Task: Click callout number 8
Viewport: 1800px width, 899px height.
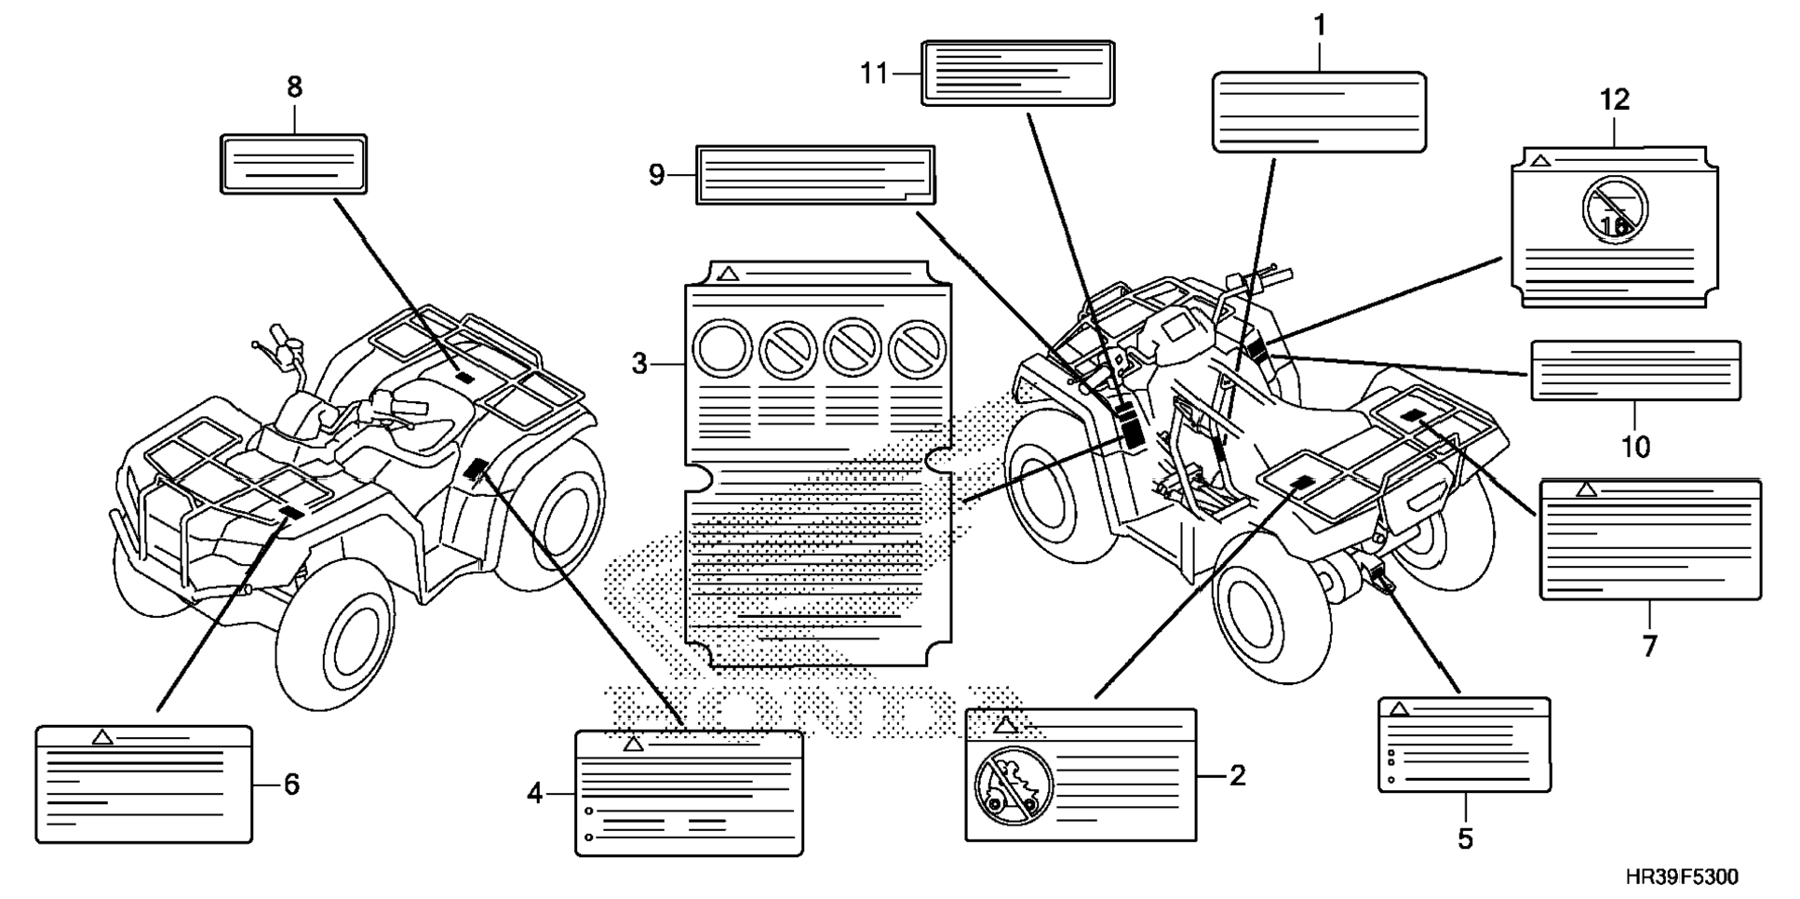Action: [x=294, y=87]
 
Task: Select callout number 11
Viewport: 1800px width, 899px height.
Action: [x=874, y=73]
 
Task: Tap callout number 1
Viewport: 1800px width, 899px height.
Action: [x=1319, y=26]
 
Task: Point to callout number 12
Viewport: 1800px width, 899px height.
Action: [x=1615, y=100]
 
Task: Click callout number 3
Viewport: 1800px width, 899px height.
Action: [x=639, y=364]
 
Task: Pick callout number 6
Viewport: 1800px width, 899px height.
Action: [x=291, y=785]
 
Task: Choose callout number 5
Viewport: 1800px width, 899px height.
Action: [x=1465, y=839]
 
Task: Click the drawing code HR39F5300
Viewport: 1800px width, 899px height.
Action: [x=1682, y=877]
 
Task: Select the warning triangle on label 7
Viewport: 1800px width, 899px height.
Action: [x=1586, y=490]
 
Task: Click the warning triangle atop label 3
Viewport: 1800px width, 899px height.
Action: [x=729, y=274]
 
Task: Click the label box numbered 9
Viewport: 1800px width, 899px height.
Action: [x=815, y=174]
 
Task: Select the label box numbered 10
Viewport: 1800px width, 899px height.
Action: [x=1635, y=370]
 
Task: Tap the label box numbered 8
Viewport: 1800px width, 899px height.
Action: [x=293, y=164]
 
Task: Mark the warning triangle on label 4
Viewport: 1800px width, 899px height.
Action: [x=634, y=744]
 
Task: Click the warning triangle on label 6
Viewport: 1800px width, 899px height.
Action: [x=103, y=737]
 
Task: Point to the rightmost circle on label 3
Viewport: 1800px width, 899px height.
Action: [x=918, y=350]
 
